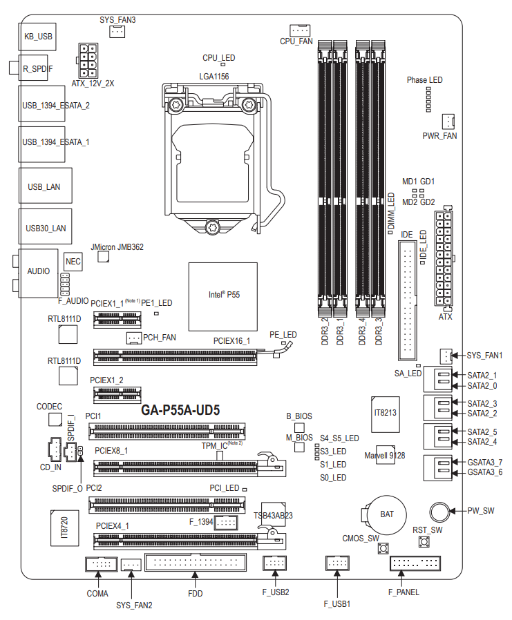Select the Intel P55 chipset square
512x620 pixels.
(223, 295)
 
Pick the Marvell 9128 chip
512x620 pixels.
(385, 456)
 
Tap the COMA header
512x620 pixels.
(101, 565)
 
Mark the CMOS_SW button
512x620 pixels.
(381, 550)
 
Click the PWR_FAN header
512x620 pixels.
(447, 122)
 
